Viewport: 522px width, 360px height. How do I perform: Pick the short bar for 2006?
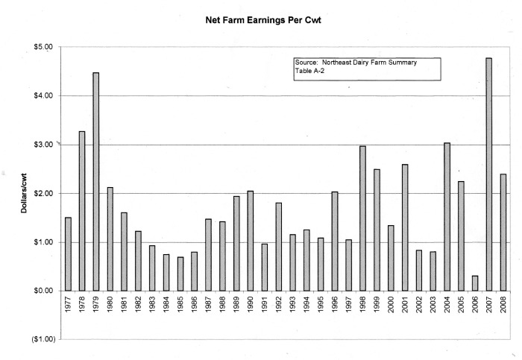point(475,283)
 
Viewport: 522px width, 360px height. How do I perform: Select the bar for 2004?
point(447,217)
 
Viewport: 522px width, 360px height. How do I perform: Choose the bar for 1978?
point(82,211)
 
